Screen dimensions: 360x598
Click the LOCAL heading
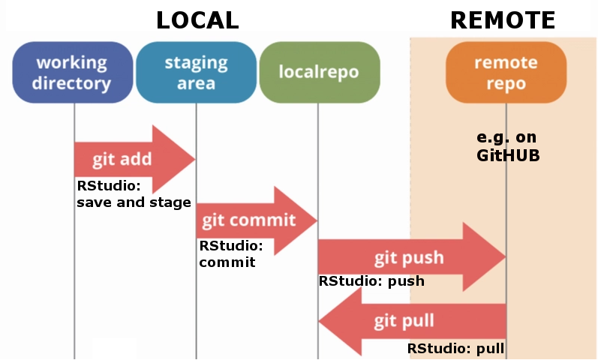click(197, 20)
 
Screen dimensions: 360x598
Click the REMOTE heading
click(503, 20)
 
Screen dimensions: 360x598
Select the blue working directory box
click(73, 72)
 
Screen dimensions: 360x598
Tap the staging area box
click(196, 72)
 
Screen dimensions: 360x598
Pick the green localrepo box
click(318, 72)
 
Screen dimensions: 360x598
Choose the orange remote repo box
click(506, 72)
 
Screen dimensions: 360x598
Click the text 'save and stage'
click(134, 202)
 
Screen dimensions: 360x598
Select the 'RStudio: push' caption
click(371, 282)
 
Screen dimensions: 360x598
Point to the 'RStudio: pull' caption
click(455, 349)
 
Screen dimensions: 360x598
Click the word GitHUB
click(508, 156)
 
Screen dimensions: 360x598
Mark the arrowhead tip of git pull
click(321, 322)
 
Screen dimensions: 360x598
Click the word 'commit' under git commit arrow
click(227, 262)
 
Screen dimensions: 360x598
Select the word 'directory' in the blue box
click(73, 83)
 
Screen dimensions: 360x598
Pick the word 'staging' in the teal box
click(196, 61)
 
